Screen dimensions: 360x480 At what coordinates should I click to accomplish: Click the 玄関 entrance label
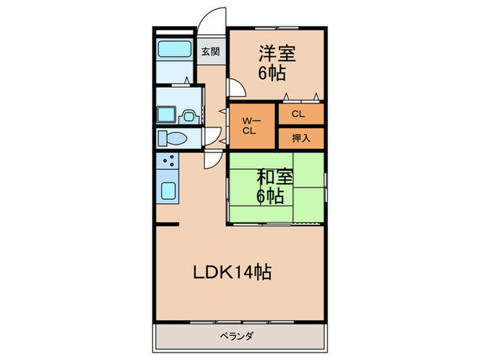click(x=211, y=51)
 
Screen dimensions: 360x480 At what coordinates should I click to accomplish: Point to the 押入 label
click(x=301, y=137)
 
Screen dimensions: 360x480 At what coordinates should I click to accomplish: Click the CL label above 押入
click(x=300, y=114)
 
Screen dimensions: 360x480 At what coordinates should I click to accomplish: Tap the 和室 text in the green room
click(x=275, y=176)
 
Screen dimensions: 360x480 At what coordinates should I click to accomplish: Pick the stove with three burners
click(x=167, y=162)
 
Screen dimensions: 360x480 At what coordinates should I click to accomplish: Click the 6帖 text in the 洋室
click(x=272, y=73)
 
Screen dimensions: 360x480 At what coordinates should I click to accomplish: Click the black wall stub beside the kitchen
click(x=167, y=224)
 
